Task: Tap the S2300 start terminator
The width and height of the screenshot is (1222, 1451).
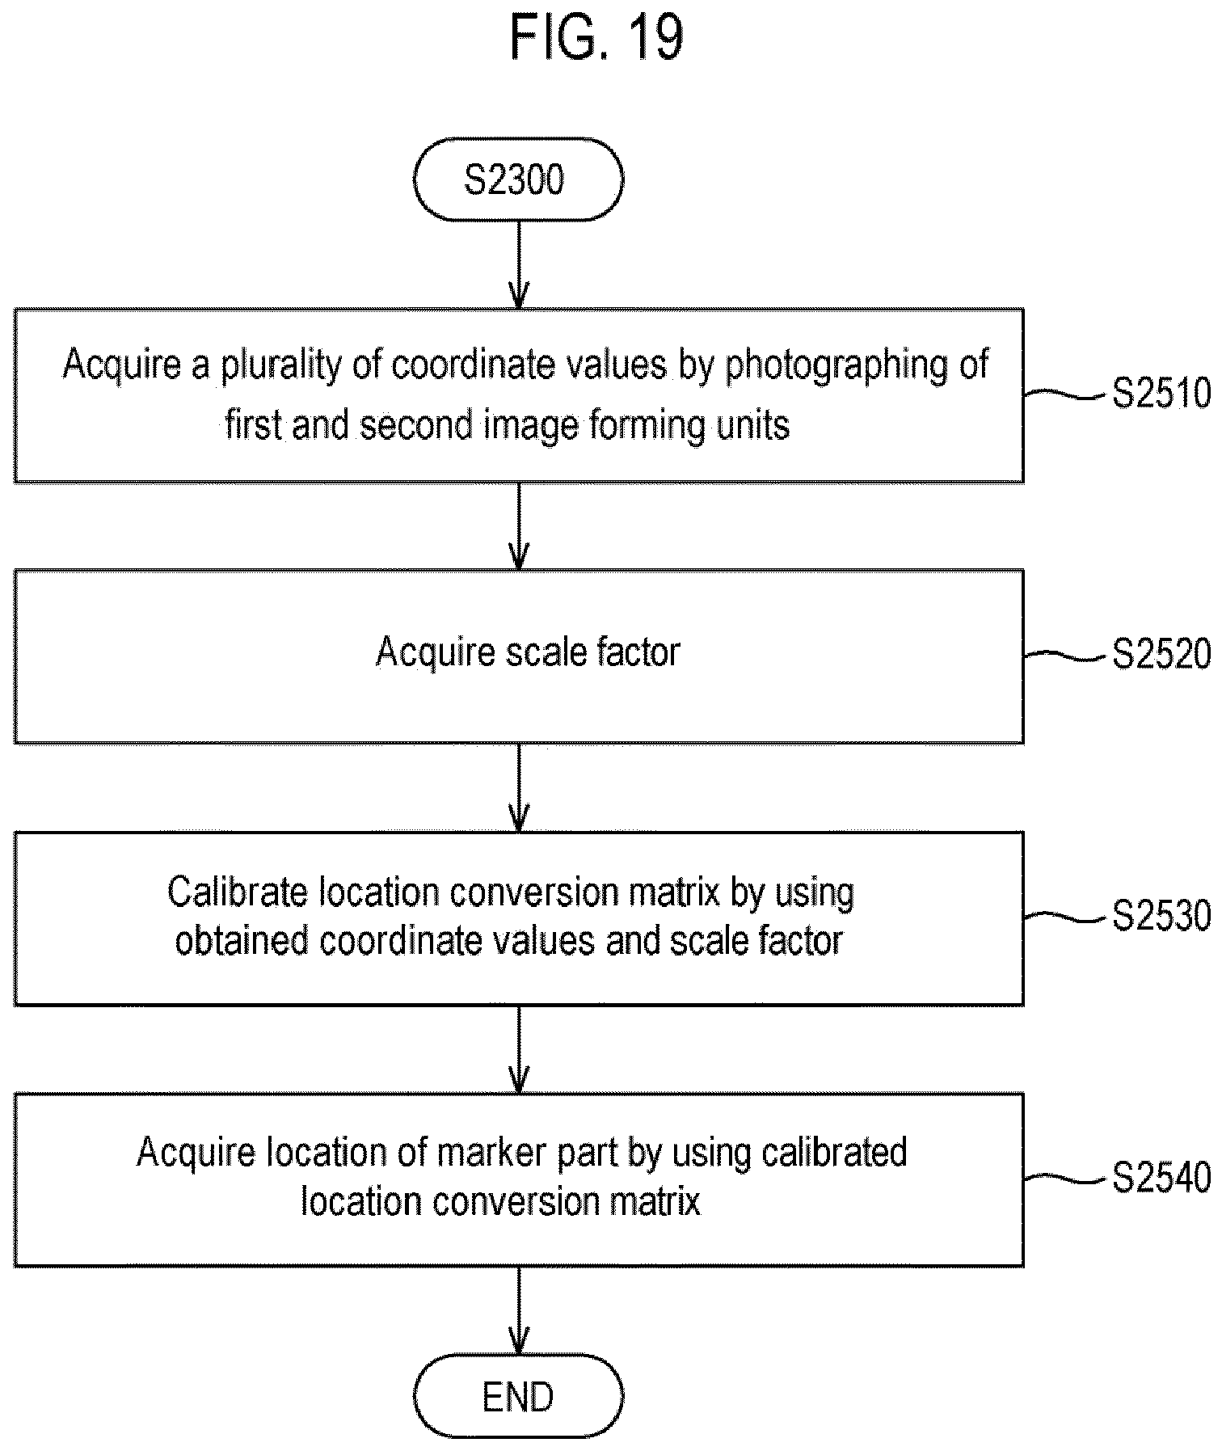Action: click(x=518, y=179)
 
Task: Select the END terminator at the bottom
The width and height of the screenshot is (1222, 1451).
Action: click(x=518, y=1396)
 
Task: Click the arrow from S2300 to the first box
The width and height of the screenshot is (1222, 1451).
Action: click(x=518, y=264)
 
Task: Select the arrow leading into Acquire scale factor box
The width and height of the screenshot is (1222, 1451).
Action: click(x=518, y=526)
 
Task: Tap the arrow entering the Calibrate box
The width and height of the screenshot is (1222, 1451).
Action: click(x=518, y=787)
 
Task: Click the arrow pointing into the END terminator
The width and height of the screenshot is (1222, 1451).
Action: click(x=518, y=1310)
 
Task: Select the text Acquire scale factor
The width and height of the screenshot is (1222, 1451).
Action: click(x=528, y=652)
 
